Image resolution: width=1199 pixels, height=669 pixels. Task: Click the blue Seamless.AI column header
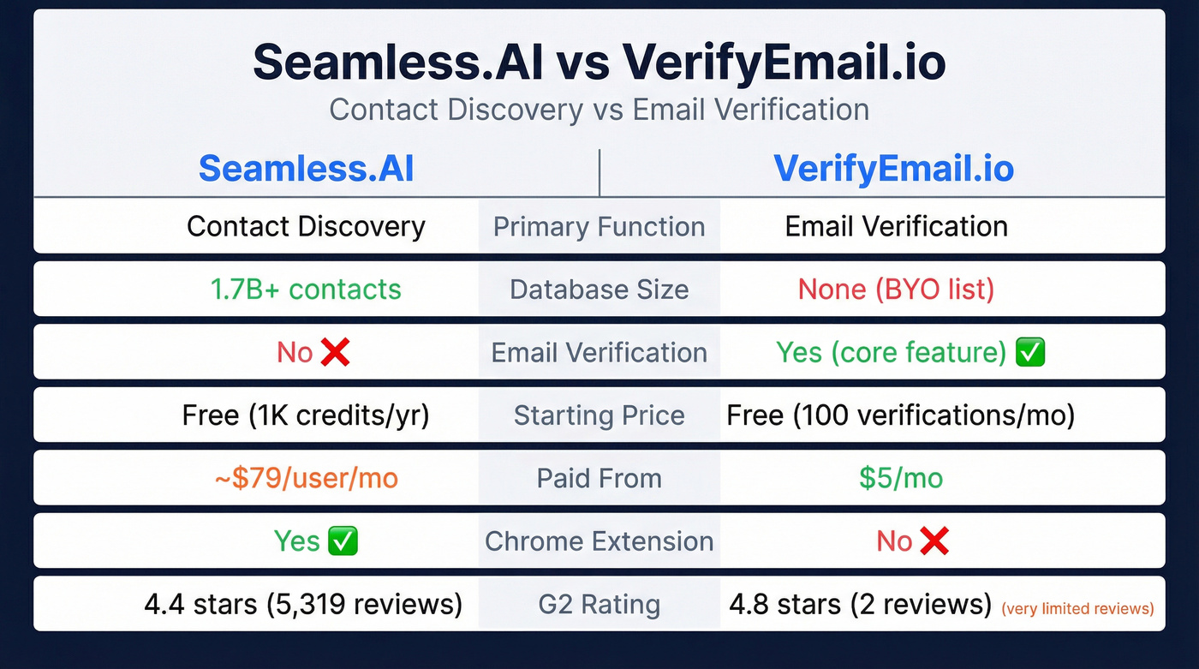[x=307, y=169]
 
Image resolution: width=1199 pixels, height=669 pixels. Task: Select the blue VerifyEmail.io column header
[x=893, y=169]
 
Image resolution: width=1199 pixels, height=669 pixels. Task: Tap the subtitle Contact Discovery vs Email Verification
[x=599, y=110]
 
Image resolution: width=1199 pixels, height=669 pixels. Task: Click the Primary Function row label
[x=599, y=227]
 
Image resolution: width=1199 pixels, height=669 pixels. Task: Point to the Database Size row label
[x=599, y=290]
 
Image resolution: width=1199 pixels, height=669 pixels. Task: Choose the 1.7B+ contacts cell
[x=306, y=290]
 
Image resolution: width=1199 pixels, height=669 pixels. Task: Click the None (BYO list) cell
[x=896, y=290]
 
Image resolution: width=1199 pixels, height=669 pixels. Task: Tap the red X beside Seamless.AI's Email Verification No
[x=335, y=352]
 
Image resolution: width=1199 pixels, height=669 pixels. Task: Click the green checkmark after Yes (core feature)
[x=1029, y=352]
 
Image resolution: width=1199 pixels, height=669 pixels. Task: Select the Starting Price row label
[x=599, y=415]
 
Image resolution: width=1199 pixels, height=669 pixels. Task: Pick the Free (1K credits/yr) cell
[x=306, y=415]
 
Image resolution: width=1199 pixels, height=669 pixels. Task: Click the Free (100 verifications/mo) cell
[x=900, y=415]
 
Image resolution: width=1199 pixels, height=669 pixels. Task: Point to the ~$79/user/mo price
[x=306, y=478]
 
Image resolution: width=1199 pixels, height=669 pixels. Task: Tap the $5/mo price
[x=901, y=478]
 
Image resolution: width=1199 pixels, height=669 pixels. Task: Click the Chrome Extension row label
[x=599, y=541]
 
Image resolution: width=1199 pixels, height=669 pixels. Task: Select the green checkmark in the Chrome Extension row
[x=343, y=541]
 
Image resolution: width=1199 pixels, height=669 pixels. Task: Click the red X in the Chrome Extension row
[x=934, y=541]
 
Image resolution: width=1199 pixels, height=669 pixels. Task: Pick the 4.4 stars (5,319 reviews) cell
[x=303, y=604]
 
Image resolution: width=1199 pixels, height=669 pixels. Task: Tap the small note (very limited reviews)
[x=1077, y=609]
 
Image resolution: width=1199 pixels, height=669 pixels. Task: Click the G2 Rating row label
[x=599, y=605]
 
